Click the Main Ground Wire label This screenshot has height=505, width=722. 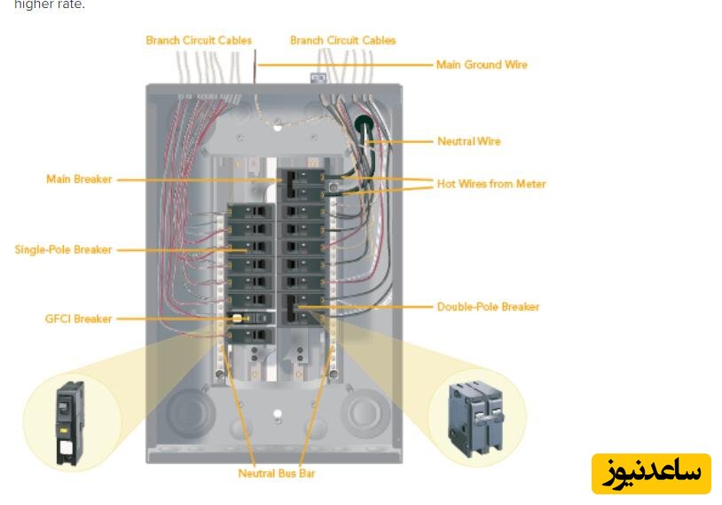coord(481,65)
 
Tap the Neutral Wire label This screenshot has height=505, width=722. coord(468,141)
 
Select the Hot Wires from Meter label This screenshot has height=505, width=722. coord(490,184)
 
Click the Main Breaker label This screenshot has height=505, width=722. coord(79,179)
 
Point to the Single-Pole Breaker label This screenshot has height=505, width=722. coord(63,249)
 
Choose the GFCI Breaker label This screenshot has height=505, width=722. coord(78,319)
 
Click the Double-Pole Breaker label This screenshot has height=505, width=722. coord(488,307)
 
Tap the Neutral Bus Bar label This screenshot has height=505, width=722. coord(276,473)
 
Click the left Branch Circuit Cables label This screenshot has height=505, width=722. coord(199,40)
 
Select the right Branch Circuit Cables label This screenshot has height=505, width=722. coord(342,40)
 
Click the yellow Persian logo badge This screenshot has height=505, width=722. coord(651,474)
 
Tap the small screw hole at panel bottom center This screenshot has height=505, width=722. coord(277,414)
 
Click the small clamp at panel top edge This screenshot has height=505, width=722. coord(316,78)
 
